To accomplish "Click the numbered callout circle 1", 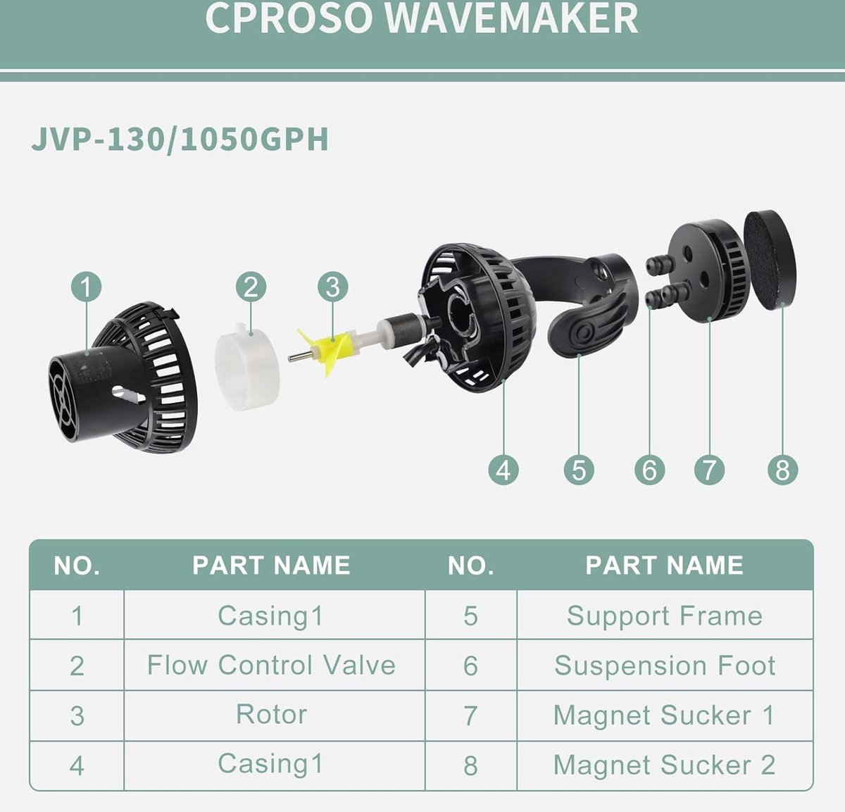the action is point(86,287).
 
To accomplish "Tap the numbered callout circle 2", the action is point(251,287).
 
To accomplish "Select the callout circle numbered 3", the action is point(332,287).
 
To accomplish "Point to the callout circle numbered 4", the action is point(503,470).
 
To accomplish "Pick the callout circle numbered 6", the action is point(650,470).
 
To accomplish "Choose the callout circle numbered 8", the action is point(782,470).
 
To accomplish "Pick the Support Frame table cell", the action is point(665,615).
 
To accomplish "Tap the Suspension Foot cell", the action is point(665,665).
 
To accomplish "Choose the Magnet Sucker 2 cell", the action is point(665,765).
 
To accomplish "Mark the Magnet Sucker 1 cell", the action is point(665,715).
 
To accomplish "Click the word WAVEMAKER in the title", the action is point(511,18).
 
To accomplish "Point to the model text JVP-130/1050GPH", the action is point(180,139).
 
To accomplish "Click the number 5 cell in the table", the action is point(470,615).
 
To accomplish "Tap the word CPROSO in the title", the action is point(289,18).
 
